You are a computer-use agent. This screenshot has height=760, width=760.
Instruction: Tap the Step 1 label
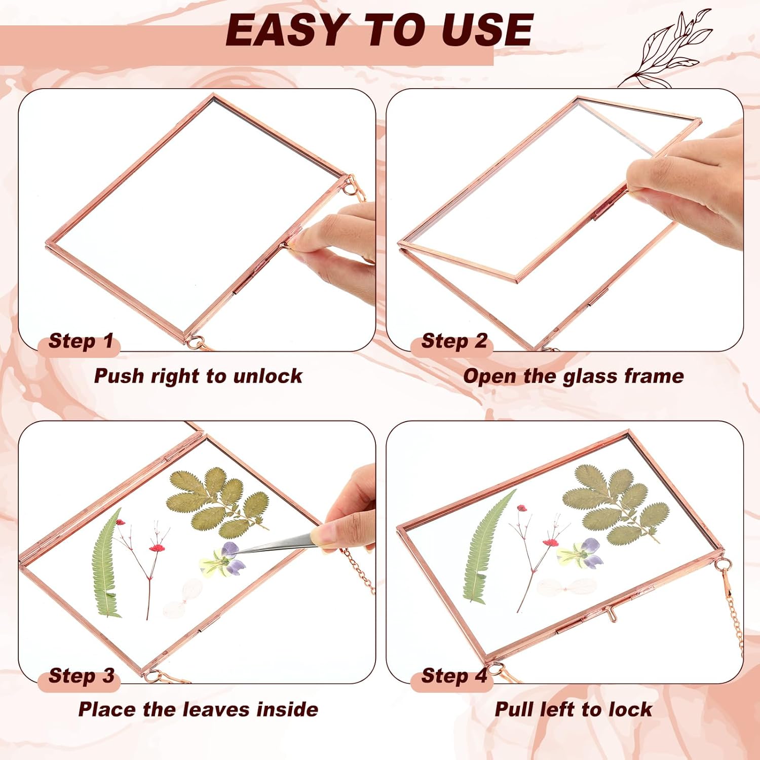[x=80, y=341]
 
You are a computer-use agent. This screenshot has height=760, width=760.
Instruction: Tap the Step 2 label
[x=454, y=341]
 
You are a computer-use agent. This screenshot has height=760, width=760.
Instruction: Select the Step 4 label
[x=454, y=676]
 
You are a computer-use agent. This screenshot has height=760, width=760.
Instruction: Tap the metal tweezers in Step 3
[x=276, y=545]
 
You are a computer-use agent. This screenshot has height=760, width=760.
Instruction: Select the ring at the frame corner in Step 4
[x=724, y=564]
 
